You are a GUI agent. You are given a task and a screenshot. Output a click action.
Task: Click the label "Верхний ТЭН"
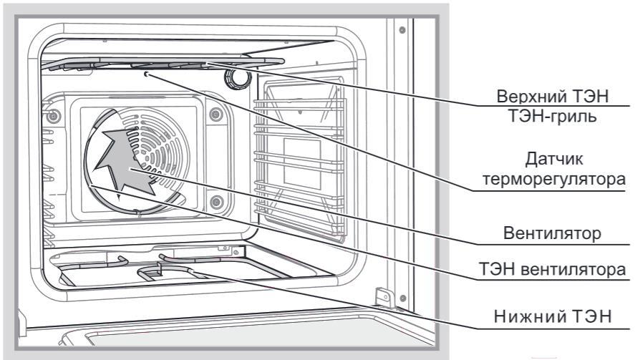point(553,97)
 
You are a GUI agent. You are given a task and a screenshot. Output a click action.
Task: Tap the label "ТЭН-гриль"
point(553,116)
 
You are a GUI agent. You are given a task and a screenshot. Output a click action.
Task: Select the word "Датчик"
point(554,159)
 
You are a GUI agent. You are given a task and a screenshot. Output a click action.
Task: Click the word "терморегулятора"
point(554,179)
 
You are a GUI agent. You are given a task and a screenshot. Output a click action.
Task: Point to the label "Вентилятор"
point(553,233)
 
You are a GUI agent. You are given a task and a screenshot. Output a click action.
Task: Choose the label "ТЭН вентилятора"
point(553,269)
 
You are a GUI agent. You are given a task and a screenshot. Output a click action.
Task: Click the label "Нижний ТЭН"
point(553,316)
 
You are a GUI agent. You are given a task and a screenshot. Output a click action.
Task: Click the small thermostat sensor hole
point(146,74)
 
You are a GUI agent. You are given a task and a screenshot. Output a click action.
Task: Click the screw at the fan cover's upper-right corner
point(216,115)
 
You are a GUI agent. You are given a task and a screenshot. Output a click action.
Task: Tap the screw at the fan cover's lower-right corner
point(217,201)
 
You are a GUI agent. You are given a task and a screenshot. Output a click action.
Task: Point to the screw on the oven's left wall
point(52,117)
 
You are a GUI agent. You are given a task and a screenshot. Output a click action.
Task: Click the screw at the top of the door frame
point(402,30)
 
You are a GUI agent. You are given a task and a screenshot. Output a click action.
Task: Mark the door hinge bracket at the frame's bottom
point(383,298)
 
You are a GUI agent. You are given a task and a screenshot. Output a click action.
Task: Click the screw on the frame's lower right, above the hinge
point(402,298)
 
